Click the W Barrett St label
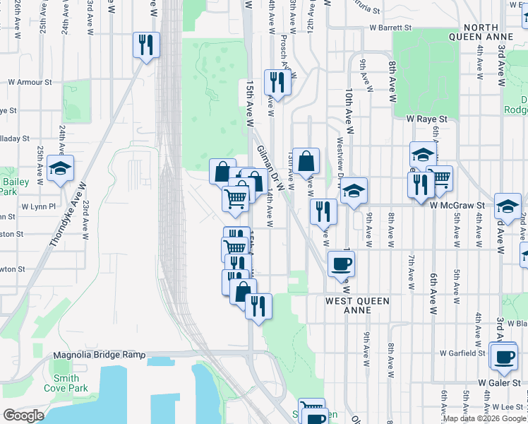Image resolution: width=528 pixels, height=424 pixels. pyautogui.click(x=390, y=28)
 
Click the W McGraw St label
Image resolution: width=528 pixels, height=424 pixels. pyautogui.click(x=458, y=205)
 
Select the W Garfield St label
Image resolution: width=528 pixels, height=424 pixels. pyautogui.click(x=462, y=352)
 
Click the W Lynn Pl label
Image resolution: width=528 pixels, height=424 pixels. pyautogui.click(x=37, y=206)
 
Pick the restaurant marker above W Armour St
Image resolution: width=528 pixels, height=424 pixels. pyautogui.click(x=146, y=45)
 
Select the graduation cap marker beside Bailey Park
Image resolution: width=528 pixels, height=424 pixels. pyautogui.click(x=61, y=168)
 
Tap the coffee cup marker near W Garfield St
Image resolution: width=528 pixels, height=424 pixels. pyautogui.click(x=505, y=357)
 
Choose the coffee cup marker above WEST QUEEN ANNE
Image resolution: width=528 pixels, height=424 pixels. pyautogui.click(x=342, y=264)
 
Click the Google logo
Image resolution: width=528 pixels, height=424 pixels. pyautogui.click(x=23, y=415)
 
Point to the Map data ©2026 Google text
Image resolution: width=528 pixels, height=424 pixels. pyautogui.click(x=484, y=418)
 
